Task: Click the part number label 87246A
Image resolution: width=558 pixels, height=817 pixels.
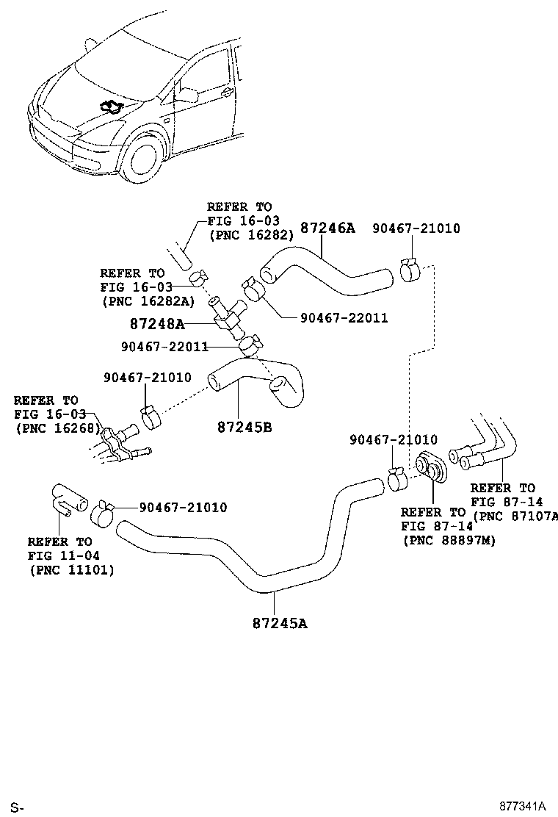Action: click(x=328, y=228)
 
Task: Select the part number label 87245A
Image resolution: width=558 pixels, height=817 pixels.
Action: click(x=280, y=624)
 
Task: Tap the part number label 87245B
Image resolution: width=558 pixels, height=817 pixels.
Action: click(x=244, y=426)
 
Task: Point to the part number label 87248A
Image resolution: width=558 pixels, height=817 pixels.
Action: click(x=157, y=323)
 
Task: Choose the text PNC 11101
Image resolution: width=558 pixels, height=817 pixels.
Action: click(x=72, y=569)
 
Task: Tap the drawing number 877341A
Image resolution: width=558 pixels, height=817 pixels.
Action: click(x=522, y=806)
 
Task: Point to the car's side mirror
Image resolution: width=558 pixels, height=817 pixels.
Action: click(x=186, y=94)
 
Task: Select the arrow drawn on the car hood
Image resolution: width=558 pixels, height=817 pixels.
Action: click(x=112, y=108)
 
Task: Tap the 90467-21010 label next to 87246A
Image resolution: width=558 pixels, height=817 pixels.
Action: click(x=416, y=228)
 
